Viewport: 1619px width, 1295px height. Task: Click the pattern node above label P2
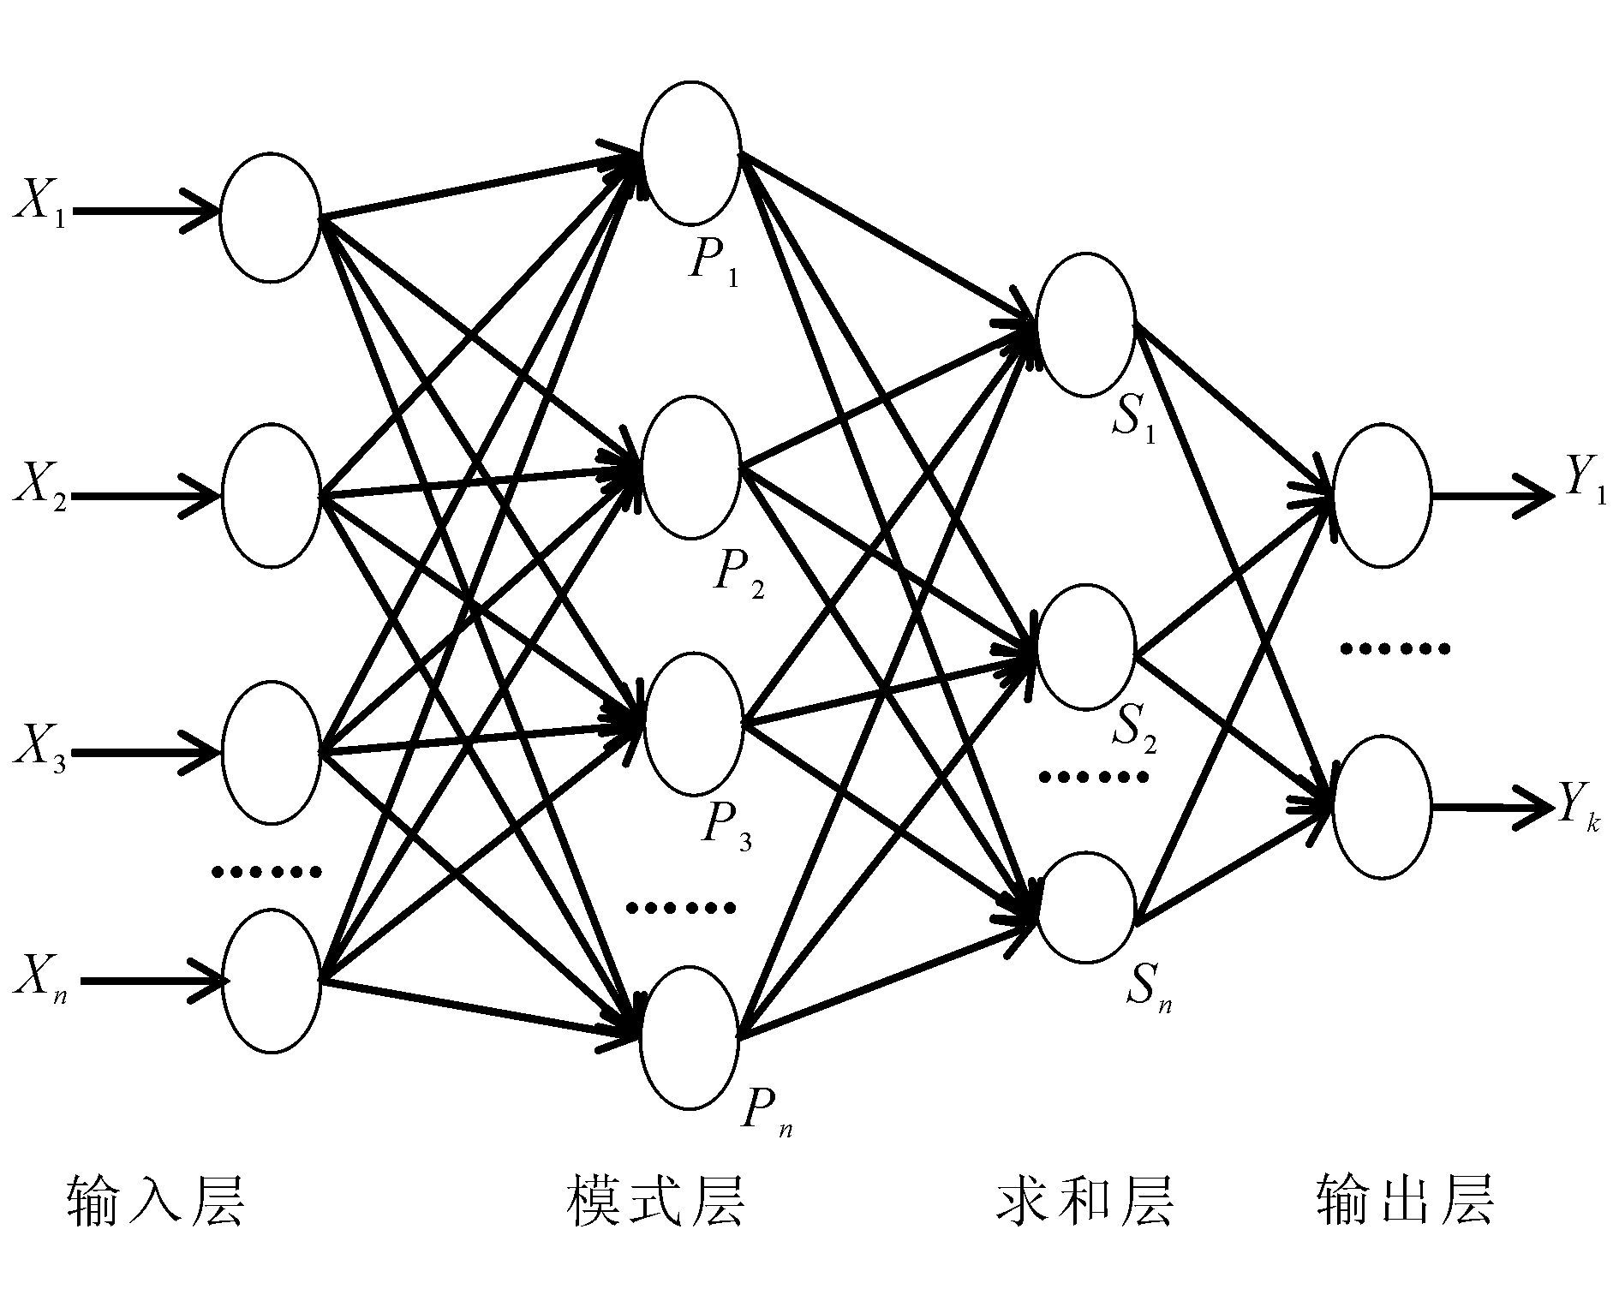coord(690,468)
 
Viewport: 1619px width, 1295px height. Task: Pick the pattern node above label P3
coord(693,725)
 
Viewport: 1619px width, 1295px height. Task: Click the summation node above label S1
coord(1085,325)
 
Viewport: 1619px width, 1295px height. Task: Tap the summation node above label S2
coord(1085,647)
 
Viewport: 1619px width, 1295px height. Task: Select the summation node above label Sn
coord(1085,908)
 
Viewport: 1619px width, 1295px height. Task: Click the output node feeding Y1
coord(1381,495)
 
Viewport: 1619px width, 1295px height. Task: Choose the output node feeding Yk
coord(1381,807)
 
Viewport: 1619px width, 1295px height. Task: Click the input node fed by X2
coord(271,495)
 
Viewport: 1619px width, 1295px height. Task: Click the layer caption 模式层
coord(655,1201)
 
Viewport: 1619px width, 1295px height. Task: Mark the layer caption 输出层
coord(1405,1201)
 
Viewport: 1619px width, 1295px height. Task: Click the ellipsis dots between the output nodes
coord(1395,648)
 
